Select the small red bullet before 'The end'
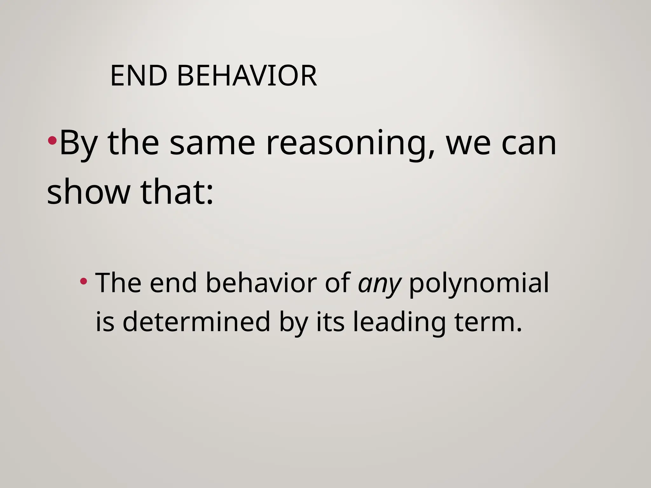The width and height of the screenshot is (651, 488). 84,281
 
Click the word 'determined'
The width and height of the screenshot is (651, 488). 196,322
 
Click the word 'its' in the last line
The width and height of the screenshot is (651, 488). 330,322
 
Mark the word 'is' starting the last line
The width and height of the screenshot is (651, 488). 105,322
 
